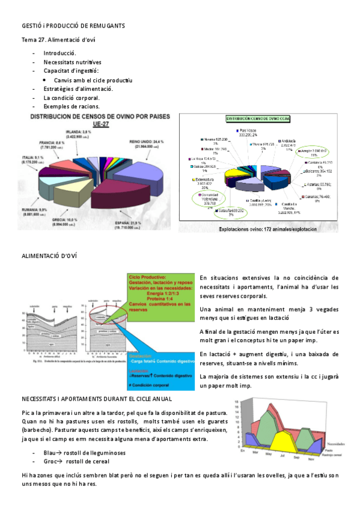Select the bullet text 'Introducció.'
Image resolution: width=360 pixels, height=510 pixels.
click(x=60, y=53)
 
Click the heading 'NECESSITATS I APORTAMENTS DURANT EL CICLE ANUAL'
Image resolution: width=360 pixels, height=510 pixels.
click(x=97, y=399)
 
